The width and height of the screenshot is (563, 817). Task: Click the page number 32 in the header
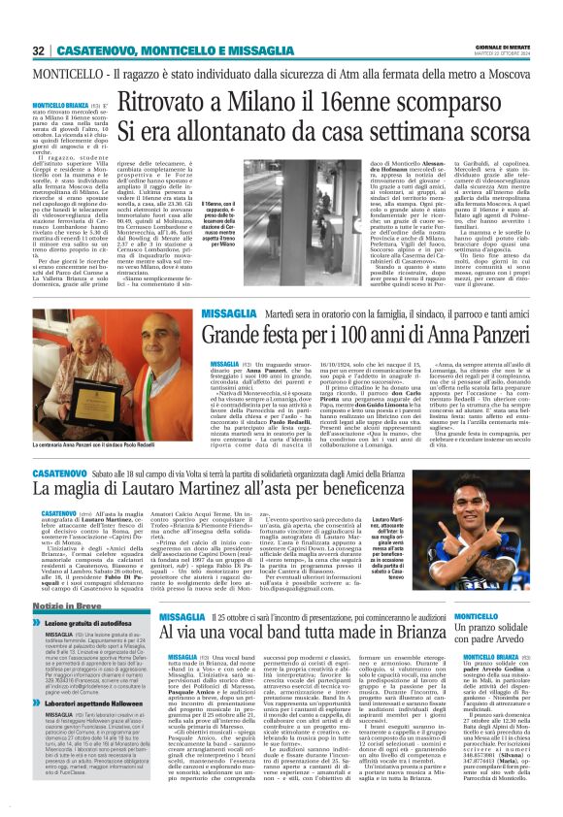[x=38, y=50]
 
